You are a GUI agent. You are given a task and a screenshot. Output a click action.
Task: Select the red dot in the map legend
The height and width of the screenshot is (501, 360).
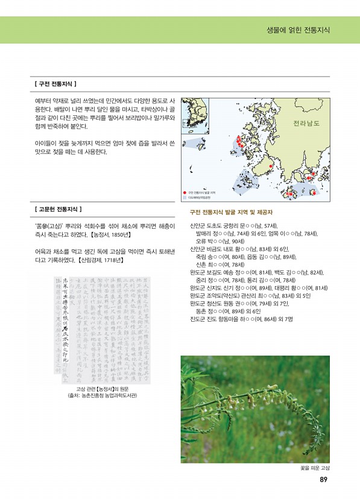(185, 191)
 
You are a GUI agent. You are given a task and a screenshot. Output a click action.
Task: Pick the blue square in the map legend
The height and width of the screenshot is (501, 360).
(185, 197)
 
